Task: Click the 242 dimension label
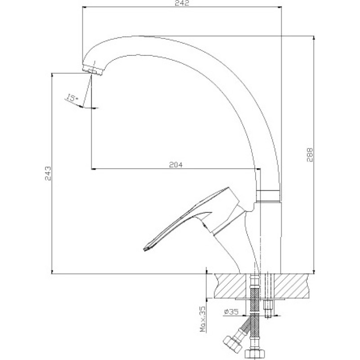[182, 3]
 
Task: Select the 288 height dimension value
[310, 155]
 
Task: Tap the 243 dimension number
[48, 173]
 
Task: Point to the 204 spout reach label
[176, 165]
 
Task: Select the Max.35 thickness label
[203, 319]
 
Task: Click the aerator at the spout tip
[93, 70]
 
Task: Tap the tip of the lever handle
[145, 249]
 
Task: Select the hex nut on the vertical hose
[254, 355]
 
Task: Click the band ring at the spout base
[268, 196]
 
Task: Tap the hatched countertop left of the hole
[229, 286]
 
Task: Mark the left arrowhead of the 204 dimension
[94, 169]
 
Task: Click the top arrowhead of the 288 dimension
[314, 38]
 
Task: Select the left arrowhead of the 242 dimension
[85, 7]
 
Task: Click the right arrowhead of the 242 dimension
[279, 7]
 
